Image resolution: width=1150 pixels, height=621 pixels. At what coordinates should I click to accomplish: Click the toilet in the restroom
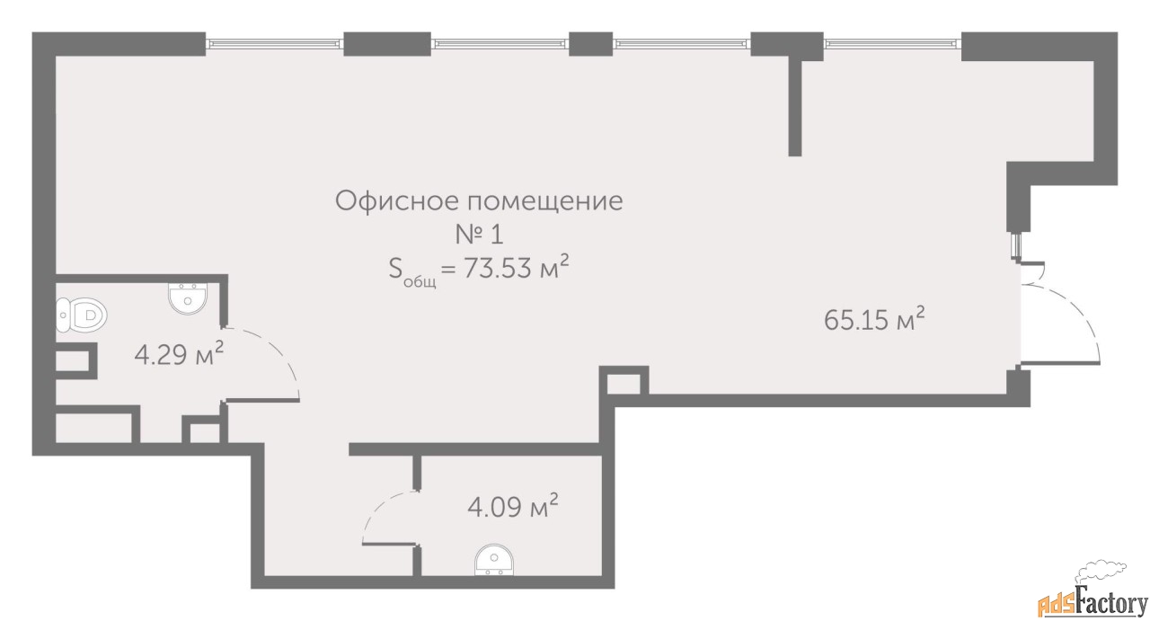click(82, 315)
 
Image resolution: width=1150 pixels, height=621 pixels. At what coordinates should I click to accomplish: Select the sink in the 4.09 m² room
click(494, 560)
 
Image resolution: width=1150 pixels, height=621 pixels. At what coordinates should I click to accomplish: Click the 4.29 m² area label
click(179, 353)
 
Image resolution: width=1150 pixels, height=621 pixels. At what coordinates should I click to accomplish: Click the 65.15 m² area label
click(874, 319)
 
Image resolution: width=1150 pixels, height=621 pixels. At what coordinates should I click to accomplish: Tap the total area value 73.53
click(498, 268)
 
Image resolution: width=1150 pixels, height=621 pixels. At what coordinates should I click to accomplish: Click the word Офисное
click(396, 200)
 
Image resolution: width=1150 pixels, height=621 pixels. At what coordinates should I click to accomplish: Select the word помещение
click(544, 201)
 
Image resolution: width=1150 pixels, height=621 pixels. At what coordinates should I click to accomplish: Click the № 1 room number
click(480, 235)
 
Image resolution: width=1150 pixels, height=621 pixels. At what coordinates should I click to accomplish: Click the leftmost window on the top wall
click(275, 44)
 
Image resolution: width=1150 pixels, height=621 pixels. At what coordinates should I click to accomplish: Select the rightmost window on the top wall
click(893, 44)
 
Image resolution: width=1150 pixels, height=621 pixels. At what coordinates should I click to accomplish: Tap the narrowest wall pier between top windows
click(590, 44)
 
